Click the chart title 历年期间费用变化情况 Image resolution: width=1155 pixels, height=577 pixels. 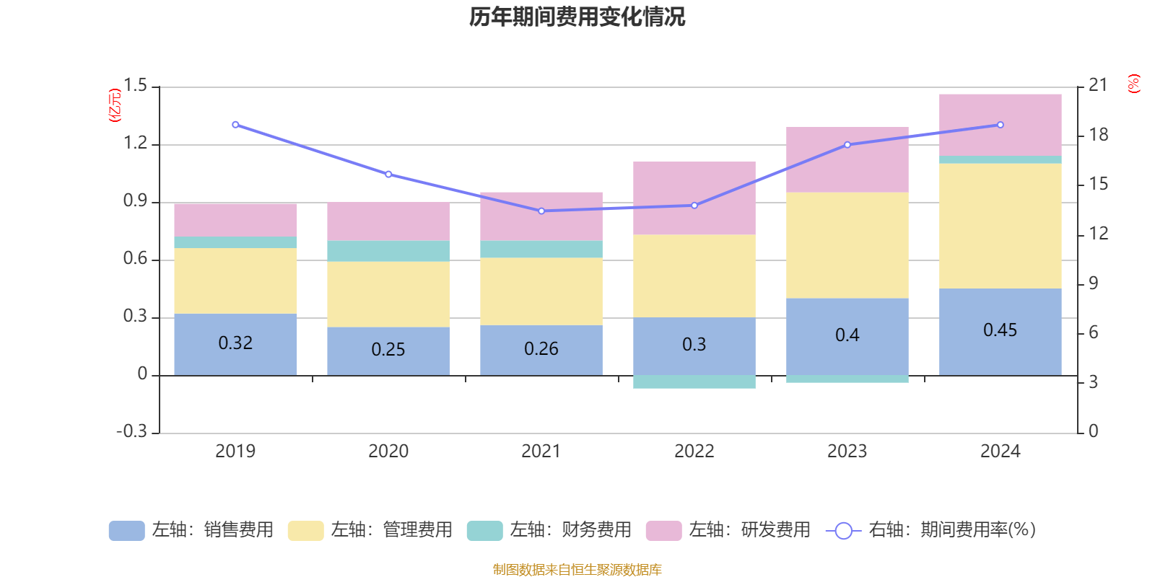[x=577, y=17]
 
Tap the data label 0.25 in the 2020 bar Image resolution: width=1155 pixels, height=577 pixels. [x=388, y=350]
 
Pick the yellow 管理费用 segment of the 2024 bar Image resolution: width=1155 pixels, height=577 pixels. [x=1000, y=226]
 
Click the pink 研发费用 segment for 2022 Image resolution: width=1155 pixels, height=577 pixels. [x=694, y=198]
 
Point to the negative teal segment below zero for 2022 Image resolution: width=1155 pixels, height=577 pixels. [x=694, y=382]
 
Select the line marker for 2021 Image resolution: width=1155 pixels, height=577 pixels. [x=541, y=211]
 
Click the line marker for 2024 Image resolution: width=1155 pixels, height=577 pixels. [x=1001, y=125]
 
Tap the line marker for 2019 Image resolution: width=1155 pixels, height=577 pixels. [x=235, y=125]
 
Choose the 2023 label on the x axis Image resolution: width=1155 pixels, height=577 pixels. [x=847, y=452]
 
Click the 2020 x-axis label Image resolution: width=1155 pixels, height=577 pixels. [x=388, y=452]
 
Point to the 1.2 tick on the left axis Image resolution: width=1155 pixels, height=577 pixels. [x=135, y=144]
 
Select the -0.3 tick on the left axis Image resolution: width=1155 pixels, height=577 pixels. [x=131, y=431]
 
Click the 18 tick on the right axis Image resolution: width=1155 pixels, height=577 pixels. [x=1098, y=135]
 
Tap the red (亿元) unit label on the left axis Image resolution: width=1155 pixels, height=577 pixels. [x=114, y=106]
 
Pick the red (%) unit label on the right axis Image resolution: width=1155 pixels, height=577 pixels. [x=1134, y=84]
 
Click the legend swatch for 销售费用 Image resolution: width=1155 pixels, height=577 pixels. [x=126, y=531]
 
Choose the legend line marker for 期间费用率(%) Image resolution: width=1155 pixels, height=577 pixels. [x=843, y=531]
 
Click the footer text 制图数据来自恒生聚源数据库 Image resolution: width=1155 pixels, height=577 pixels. [x=577, y=570]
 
